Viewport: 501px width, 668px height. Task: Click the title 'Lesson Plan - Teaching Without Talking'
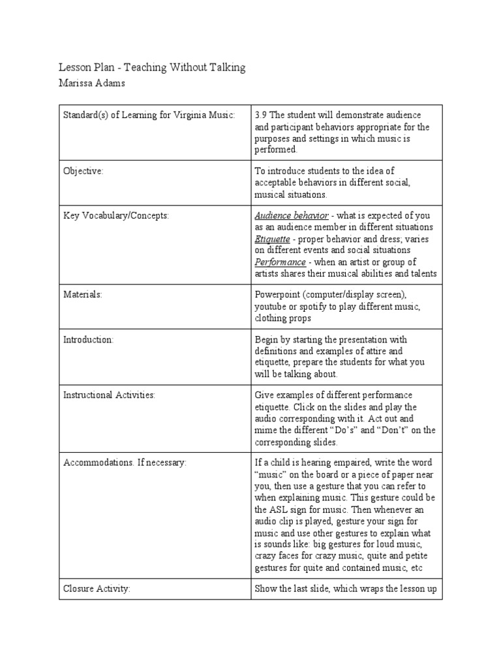pos(152,68)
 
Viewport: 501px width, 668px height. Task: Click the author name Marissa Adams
pos(92,83)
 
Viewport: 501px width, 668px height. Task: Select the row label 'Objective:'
pos(83,171)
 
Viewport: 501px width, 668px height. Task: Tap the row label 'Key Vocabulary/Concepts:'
pos(115,215)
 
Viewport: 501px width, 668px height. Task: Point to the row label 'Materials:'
pos(83,294)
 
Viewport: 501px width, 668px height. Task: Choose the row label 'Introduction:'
pos(88,339)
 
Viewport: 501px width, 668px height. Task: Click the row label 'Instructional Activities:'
pos(109,395)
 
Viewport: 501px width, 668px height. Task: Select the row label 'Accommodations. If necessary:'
pos(124,463)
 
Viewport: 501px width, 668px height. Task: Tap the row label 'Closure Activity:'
pos(97,588)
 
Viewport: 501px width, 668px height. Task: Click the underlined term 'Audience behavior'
pos(291,215)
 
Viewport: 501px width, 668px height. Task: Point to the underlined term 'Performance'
pos(280,262)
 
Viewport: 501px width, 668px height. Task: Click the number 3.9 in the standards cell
pos(261,115)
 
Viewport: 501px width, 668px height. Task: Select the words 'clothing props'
pos(283,318)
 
